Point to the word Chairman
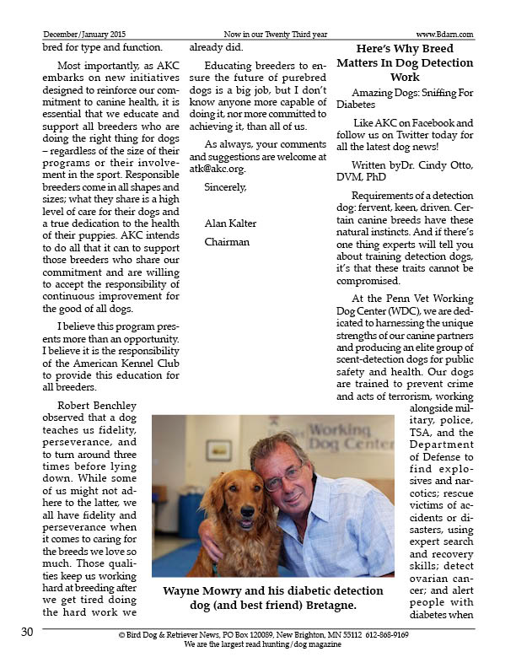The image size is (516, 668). point(227,242)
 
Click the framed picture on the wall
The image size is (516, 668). point(217,450)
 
